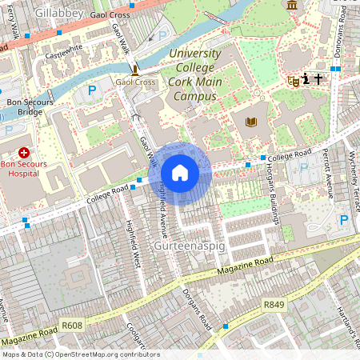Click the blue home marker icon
(180, 173)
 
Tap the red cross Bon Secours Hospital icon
(24, 152)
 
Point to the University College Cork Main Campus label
(193, 74)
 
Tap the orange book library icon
(252, 122)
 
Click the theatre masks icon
(293, 80)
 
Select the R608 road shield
(72, 326)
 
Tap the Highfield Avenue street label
(165, 211)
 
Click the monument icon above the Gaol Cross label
(134, 69)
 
